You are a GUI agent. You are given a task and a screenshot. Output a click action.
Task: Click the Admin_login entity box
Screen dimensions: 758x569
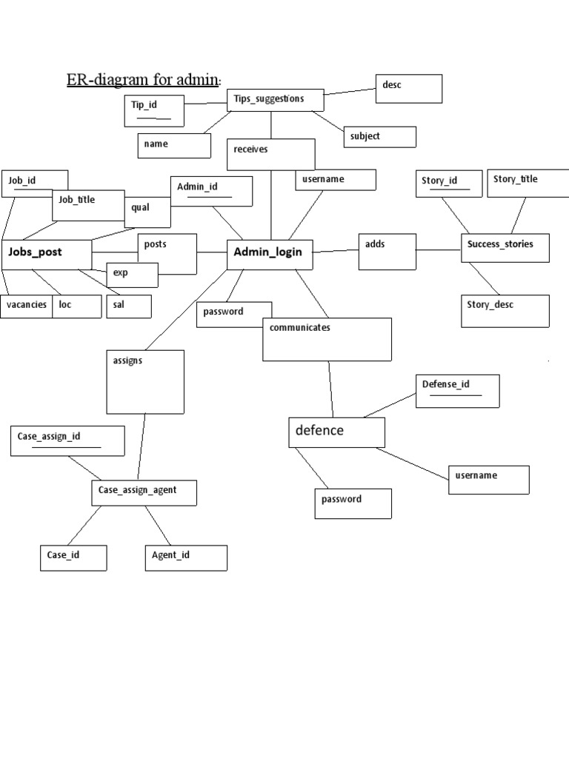coord(269,254)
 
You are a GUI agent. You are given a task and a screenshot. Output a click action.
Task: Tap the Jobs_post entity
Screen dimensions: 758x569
coord(47,253)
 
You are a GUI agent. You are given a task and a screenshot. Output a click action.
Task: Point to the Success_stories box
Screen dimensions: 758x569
coord(505,248)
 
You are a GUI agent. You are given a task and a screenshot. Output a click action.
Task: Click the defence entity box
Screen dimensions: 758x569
coord(336,432)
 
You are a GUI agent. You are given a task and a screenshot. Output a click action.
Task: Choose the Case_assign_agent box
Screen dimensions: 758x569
coord(144,493)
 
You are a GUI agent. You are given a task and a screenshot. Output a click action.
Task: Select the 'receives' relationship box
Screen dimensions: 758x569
coord(271,154)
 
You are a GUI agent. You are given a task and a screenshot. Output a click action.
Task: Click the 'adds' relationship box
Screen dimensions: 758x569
coord(387,251)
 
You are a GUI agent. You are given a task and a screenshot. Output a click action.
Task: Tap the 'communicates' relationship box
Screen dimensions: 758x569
coord(327,339)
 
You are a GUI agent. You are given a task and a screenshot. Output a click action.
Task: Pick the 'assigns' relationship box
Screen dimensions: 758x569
coord(144,381)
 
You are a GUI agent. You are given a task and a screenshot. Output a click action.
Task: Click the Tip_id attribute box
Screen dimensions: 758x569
coord(153,110)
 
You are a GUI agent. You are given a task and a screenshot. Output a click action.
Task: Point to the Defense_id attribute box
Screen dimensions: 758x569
coord(457,390)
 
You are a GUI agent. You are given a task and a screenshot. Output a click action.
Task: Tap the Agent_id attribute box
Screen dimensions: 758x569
coord(185,558)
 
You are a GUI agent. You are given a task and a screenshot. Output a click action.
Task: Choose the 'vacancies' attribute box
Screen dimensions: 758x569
coord(27,306)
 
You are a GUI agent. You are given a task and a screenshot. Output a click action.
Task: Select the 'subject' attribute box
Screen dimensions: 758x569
coord(379,137)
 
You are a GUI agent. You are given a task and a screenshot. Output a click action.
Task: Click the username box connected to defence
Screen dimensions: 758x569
coord(488,480)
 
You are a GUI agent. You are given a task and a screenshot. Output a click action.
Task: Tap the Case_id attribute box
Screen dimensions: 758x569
coord(73,558)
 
